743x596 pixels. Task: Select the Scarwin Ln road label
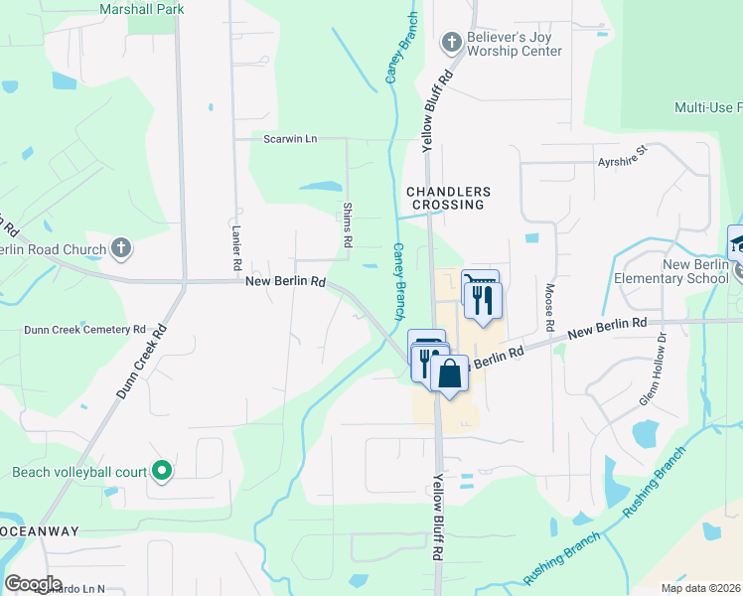tap(290, 139)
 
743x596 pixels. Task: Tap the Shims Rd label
tap(348, 224)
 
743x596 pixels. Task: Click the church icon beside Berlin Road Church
tap(121, 248)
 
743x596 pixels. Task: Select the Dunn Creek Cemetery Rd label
tap(85, 329)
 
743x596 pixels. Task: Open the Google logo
tap(33, 583)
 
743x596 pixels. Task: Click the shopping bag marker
tap(449, 374)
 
